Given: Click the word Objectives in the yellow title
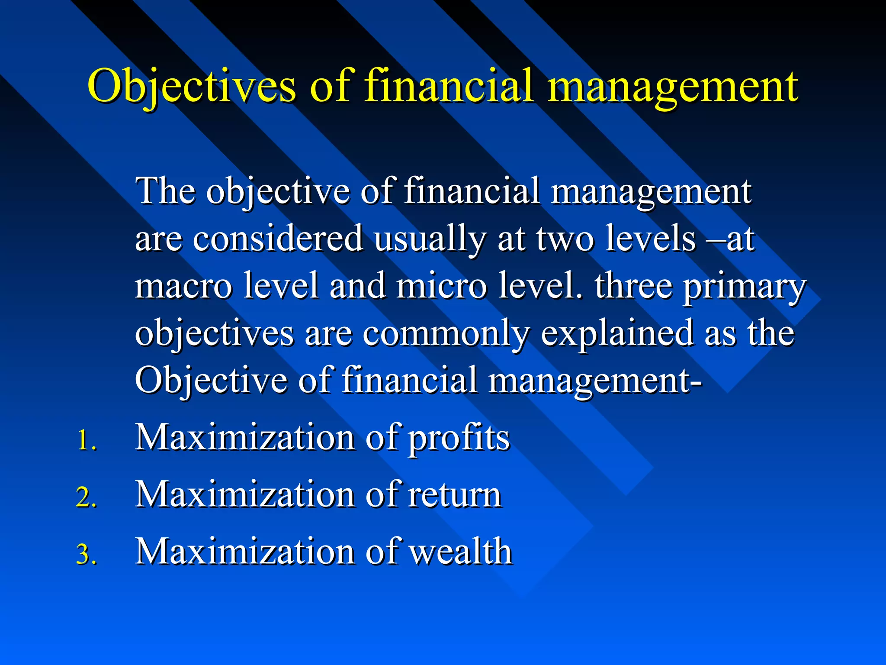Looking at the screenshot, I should click(192, 87).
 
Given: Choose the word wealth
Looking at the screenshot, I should click(461, 552).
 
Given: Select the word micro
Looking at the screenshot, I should click(441, 286).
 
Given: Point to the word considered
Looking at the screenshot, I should click(277, 239).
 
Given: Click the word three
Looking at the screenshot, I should click(633, 286).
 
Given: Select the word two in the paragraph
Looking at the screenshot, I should click(565, 239).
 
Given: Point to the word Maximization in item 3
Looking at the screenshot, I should click(245, 552).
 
